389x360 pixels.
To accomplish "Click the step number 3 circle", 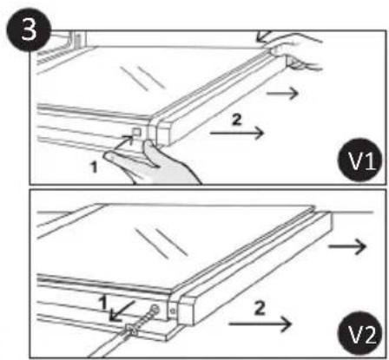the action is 28,29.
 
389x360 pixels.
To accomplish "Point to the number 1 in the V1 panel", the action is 94,167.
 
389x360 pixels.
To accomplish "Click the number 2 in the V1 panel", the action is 237,120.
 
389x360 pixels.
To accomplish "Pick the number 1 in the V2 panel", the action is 103,302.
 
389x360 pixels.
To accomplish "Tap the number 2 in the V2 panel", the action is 259,308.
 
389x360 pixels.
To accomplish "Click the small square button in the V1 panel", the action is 136,132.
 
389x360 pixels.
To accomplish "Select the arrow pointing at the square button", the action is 128,141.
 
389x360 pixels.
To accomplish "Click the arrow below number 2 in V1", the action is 237,133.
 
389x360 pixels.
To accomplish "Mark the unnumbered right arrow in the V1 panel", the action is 282,93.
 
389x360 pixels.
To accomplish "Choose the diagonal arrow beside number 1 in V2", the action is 122,311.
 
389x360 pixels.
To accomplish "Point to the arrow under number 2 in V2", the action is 260,324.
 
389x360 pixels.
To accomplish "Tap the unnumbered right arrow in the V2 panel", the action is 347,246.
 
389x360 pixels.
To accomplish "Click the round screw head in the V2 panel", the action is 155,310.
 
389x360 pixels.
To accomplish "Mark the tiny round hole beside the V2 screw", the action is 173,311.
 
